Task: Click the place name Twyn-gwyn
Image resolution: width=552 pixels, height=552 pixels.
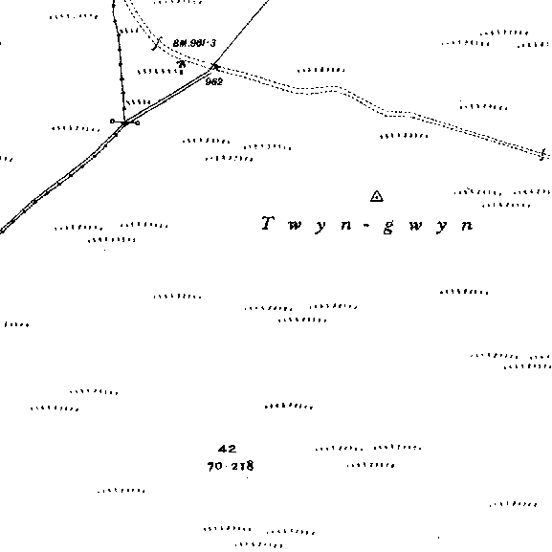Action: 367,225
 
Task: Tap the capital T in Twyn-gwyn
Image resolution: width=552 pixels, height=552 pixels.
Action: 268,223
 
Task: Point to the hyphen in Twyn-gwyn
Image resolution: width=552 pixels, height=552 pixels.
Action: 366,225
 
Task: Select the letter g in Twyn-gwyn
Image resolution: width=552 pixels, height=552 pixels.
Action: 387,227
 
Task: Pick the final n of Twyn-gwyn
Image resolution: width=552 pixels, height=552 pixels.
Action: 468,225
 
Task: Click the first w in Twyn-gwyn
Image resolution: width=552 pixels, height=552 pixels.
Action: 295,225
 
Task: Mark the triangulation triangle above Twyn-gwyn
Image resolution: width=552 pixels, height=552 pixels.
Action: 377,196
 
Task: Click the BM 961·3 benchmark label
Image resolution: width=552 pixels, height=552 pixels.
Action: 194,43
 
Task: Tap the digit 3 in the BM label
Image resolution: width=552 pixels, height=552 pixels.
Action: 212,43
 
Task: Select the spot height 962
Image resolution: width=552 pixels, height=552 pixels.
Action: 214,81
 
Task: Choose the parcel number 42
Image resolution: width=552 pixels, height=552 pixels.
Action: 227,449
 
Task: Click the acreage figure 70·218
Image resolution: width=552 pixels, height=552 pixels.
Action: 231,466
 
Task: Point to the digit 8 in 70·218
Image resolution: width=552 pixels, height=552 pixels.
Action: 250,465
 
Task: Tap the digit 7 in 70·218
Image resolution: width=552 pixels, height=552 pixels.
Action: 210,466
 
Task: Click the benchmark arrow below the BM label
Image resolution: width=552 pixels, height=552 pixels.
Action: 182,64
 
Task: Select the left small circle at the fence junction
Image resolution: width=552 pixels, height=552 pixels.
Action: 112,121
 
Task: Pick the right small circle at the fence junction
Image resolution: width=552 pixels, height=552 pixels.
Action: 138,122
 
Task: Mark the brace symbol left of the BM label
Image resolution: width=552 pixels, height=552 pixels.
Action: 157,43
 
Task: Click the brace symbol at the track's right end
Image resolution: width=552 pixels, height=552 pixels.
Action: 543,154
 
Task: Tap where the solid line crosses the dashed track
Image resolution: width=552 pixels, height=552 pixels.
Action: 215,66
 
